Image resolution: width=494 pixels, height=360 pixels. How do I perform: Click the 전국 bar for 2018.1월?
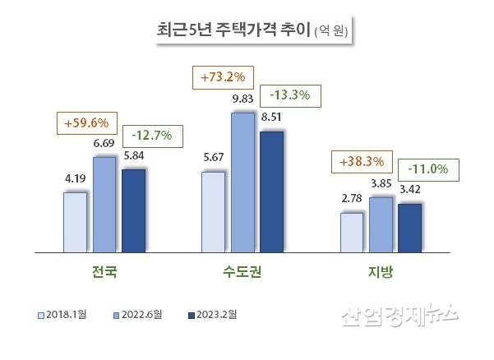click(x=75, y=221)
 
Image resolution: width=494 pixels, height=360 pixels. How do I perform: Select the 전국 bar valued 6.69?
click(x=104, y=203)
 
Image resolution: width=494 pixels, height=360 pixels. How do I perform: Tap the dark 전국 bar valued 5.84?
click(x=133, y=210)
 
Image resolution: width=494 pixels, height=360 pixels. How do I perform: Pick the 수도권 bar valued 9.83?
click(x=242, y=181)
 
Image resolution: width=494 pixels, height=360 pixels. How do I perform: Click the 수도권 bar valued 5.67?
click(x=213, y=210)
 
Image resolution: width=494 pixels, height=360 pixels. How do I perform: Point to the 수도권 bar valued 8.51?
click(x=271, y=190)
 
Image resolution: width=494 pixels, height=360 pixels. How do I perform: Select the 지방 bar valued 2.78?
click(x=351, y=231)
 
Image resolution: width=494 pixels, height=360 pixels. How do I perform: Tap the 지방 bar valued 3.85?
click(x=381, y=223)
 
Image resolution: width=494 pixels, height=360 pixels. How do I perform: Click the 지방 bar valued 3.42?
click(x=409, y=226)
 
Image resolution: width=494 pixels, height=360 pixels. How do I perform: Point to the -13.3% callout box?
click(x=289, y=95)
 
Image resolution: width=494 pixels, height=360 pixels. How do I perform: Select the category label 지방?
click(x=380, y=271)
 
